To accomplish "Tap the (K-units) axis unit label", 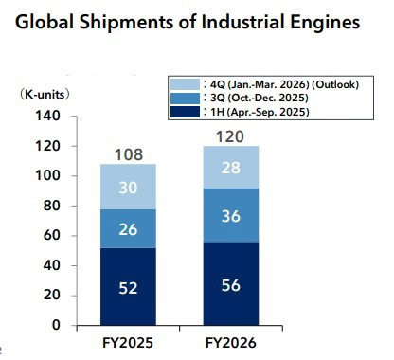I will (x=45, y=96).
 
